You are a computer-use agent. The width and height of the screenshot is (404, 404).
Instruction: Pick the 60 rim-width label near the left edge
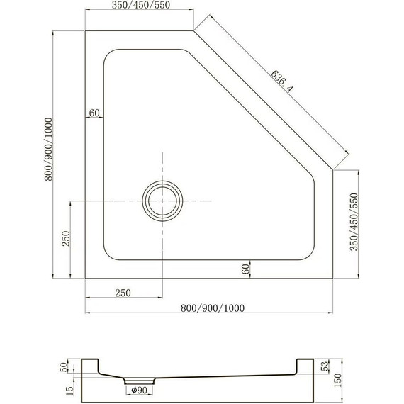(95, 113)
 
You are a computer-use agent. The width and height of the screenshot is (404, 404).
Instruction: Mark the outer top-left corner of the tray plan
(85, 30)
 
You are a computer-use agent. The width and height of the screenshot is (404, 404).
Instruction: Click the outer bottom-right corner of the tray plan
(333, 278)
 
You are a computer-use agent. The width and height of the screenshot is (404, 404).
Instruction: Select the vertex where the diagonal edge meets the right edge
(333, 170)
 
